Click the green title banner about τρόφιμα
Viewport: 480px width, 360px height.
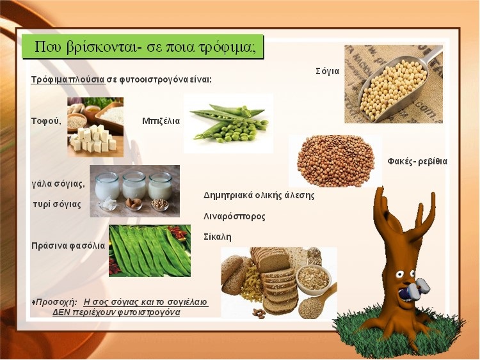click(143, 47)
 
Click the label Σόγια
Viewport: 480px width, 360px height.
click(328, 71)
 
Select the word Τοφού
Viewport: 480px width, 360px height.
click(46, 121)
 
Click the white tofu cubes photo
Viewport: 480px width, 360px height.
click(95, 127)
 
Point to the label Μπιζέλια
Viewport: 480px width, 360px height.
click(161, 121)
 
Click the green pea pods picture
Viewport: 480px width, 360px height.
click(228, 123)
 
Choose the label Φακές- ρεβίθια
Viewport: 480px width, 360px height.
click(417, 161)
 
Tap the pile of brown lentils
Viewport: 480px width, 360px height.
click(335, 161)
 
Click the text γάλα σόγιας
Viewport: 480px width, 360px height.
click(58, 184)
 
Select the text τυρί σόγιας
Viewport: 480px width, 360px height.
click(57, 205)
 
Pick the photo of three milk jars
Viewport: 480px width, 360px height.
click(134, 191)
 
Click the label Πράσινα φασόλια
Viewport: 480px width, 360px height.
click(68, 246)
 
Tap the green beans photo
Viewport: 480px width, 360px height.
click(150, 251)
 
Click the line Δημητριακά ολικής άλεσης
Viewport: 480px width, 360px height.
click(259, 195)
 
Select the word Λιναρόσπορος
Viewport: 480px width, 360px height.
click(234, 217)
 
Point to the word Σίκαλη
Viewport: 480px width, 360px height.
click(218, 237)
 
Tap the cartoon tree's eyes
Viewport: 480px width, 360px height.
click(404, 274)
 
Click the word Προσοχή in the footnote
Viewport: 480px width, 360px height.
click(56, 302)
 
